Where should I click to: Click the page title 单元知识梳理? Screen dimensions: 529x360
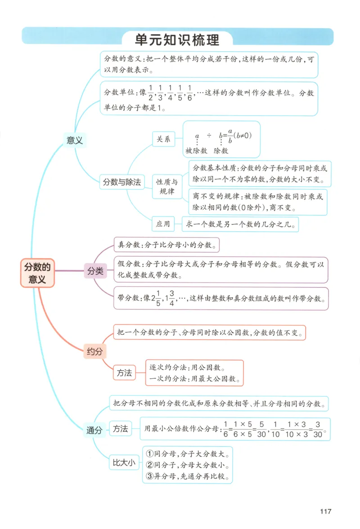tap(177, 40)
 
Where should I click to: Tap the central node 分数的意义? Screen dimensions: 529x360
tap(37, 273)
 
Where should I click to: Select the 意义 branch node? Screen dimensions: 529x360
tap(75, 140)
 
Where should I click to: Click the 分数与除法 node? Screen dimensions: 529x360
tap(122, 182)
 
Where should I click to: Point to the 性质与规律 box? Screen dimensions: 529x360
tap(166, 187)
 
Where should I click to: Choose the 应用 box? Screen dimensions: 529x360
tap(163, 224)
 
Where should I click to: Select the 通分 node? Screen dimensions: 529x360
tap(94, 430)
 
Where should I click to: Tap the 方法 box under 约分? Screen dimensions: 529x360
tap(124, 373)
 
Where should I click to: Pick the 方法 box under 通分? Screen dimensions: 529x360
tap(120, 429)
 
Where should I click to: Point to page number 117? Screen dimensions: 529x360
tap(325, 511)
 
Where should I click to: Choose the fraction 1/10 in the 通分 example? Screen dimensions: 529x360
tap(276, 429)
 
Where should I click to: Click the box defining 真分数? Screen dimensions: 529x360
tap(166, 245)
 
